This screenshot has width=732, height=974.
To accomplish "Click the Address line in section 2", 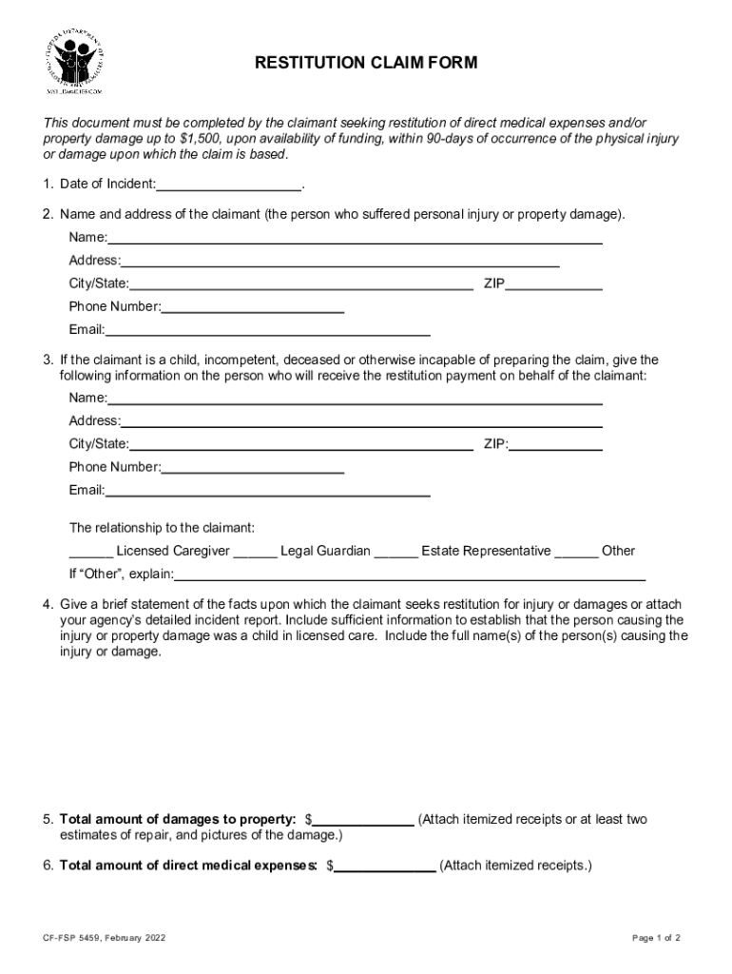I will [339, 261].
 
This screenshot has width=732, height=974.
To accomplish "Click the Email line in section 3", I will [267, 491].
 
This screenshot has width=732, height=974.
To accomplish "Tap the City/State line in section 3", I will [301, 444].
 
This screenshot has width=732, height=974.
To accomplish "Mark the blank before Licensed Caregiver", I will [91, 552].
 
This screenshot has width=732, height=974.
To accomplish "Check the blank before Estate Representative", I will [395, 552].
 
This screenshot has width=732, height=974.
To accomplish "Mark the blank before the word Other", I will [576, 552].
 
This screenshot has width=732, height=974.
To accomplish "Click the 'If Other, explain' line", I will [410, 575].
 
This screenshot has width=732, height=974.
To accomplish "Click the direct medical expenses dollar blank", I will [385, 867].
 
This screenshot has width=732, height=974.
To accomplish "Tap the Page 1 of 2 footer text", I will [656, 939].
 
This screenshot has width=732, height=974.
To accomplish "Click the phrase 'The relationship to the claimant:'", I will [163, 527].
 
